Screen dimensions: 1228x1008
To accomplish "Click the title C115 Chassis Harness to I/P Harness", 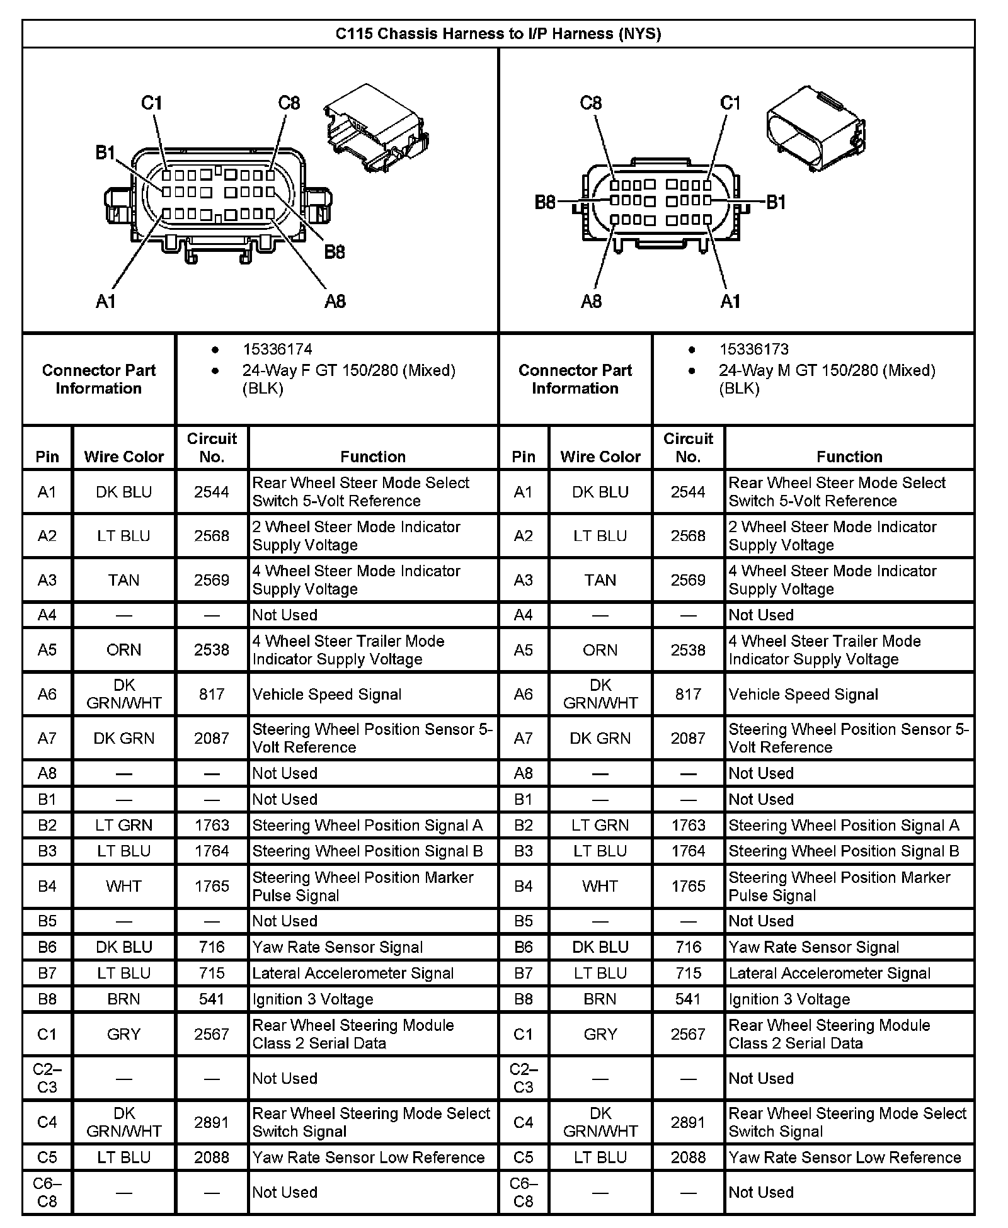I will coord(498,33).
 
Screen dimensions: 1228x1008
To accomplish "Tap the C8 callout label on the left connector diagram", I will coord(289,103).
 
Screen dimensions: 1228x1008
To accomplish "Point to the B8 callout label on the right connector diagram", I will coord(546,202).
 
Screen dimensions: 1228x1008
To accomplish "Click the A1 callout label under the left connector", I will coord(106,302).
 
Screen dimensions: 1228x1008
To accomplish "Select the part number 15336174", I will coord(277,350).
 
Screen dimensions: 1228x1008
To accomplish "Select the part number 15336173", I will coord(753,350).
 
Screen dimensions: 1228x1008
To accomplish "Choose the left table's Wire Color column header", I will coord(123,457).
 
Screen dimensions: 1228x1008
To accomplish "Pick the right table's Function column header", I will coord(849,457).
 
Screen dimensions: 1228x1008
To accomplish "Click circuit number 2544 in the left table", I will coord(212,492).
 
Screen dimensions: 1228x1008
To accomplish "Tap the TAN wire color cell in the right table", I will coord(600,580).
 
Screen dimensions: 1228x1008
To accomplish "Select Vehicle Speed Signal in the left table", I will coord(327,695).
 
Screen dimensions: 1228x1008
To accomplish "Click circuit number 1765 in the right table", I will coord(688,887).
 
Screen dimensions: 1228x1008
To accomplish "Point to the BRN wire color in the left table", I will coord(123,999).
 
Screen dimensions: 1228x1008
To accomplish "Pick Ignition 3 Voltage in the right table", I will coord(789,999).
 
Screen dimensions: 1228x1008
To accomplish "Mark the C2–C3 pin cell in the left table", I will coord(47,1078).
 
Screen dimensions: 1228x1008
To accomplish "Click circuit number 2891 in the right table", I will coord(688,1122).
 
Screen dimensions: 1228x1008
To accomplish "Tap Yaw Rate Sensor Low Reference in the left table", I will coord(369,1157).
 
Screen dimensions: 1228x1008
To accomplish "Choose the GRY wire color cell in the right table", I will coord(600,1034).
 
